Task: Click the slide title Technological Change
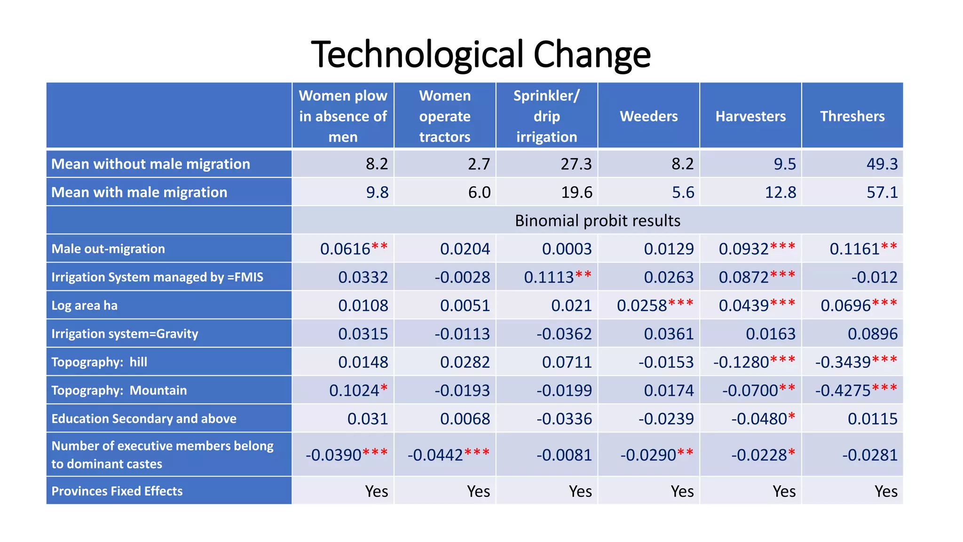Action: pos(481,55)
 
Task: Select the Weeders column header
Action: pos(648,116)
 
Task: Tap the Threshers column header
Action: pos(852,116)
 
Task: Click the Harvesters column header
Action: pos(750,116)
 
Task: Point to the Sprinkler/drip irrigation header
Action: pos(546,116)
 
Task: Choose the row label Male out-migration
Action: pos(108,249)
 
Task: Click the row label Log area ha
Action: pos(85,305)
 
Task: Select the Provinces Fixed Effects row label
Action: pos(117,491)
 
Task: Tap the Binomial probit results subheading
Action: pos(597,221)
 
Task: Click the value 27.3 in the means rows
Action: pos(576,164)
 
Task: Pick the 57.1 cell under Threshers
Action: pos(882,192)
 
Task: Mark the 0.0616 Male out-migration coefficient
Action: pos(345,249)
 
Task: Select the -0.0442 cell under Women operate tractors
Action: pos(435,455)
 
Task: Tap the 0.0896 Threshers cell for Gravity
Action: pos(872,334)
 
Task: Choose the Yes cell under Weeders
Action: pos(682,491)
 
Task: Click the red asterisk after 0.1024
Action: pos(384,389)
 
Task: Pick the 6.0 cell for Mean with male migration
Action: pos(479,192)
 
